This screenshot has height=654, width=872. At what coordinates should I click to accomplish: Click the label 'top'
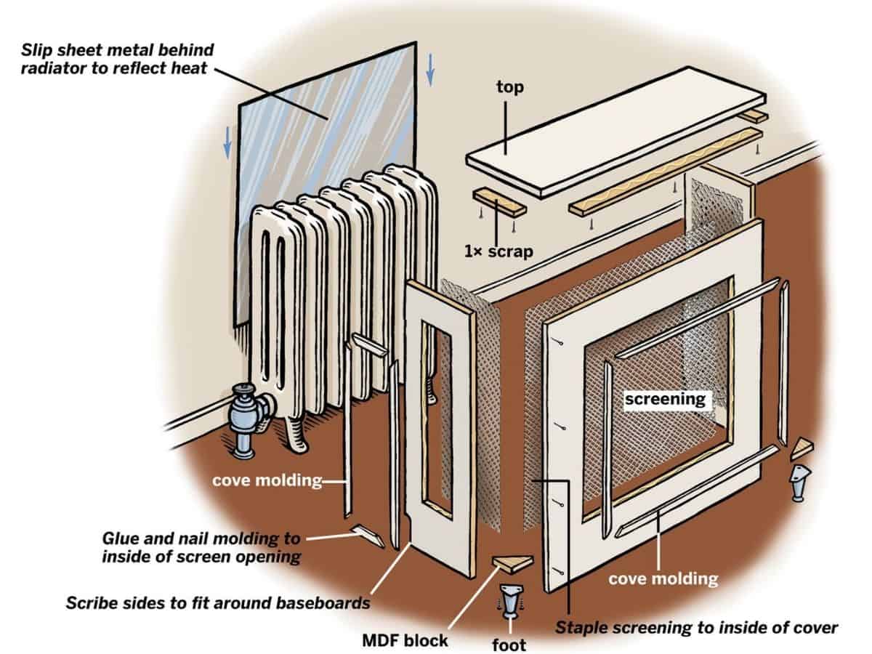coord(510,87)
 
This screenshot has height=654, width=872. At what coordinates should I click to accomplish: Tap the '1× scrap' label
coord(499,252)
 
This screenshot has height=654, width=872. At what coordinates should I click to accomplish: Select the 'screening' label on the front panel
coord(666,399)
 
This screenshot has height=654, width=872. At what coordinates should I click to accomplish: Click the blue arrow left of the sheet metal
coord(227,141)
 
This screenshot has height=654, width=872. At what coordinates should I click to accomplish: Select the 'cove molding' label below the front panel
coord(663,578)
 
